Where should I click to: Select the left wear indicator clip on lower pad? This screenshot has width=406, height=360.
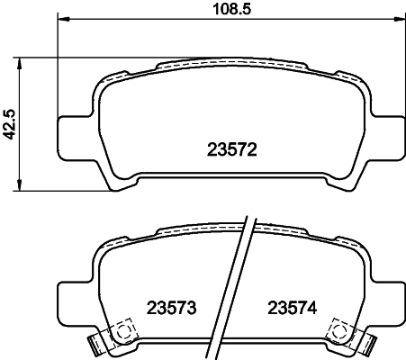[95, 343]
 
